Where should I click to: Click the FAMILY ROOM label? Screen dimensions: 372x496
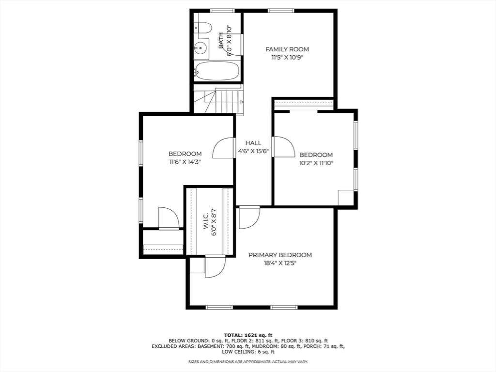click(287, 49)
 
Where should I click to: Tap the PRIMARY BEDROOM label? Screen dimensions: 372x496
click(280, 255)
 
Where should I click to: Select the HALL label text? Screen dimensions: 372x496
click(253, 143)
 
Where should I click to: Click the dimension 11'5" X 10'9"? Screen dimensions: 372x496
click(287, 57)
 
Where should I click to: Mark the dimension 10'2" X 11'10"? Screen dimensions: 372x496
click(316, 163)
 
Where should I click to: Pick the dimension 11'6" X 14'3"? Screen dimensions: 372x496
click(185, 162)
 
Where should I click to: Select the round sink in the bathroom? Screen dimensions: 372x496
click(201, 48)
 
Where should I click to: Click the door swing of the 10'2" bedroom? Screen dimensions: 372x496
click(284, 146)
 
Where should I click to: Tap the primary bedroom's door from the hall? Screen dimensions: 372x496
click(249, 217)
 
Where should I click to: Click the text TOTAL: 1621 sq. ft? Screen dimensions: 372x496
click(248, 335)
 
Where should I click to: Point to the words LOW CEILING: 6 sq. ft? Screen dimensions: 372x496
click(248, 352)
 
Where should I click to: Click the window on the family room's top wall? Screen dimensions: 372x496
click(281, 11)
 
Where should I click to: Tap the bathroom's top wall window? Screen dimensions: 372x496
click(222, 11)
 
